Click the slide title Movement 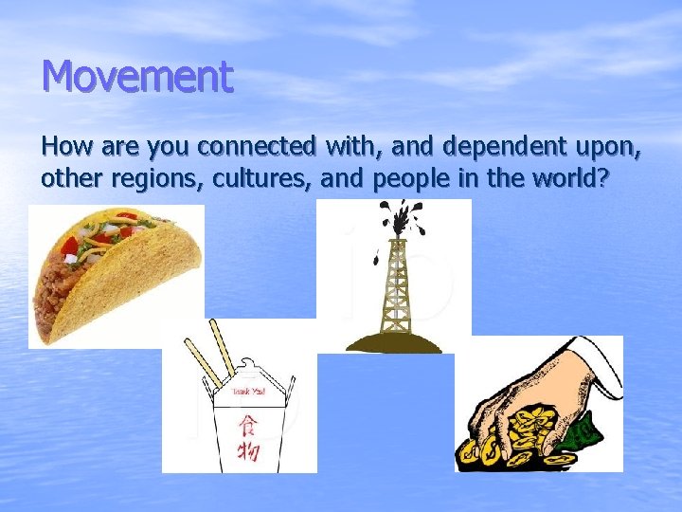pyautogui.click(x=137, y=77)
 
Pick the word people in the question pyautogui.click(x=409, y=178)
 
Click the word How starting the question pyautogui.click(x=63, y=147)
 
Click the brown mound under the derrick pyautogui.click(x=393, y=341)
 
